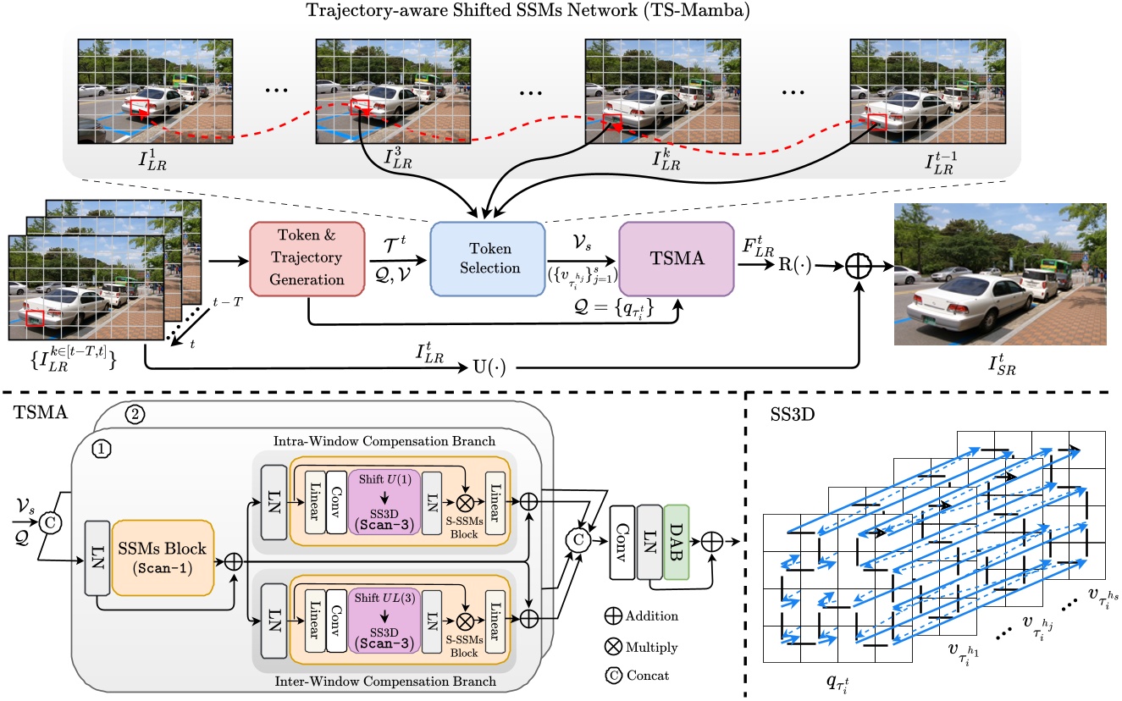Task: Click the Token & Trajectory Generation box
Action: (x=307, y=258)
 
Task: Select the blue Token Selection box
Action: (x=487, y=258)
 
